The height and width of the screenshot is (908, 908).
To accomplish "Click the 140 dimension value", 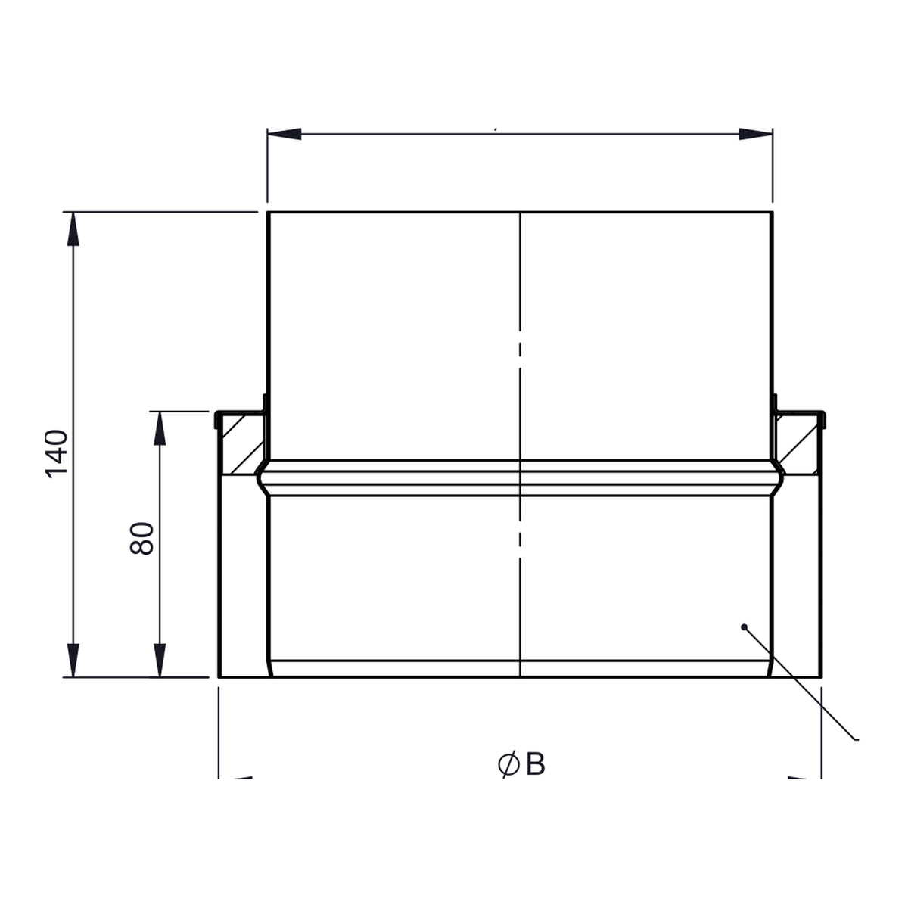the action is (57, 454).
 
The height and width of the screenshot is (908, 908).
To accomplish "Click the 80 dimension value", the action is (141, 538).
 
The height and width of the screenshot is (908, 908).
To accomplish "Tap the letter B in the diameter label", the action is (535, 764).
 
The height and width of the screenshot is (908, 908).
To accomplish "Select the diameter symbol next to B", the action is (508, 765).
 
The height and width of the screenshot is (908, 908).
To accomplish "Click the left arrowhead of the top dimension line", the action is (285, 134).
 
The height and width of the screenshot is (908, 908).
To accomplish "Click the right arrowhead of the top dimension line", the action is (755, 134).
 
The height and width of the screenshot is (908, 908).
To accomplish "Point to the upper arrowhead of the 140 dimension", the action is (73, 229).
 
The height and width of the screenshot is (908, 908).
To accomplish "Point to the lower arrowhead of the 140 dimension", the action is (73, 660).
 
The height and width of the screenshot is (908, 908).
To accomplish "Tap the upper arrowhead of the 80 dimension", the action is (160, 428).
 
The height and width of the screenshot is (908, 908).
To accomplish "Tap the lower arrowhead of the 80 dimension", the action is (160, 660).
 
